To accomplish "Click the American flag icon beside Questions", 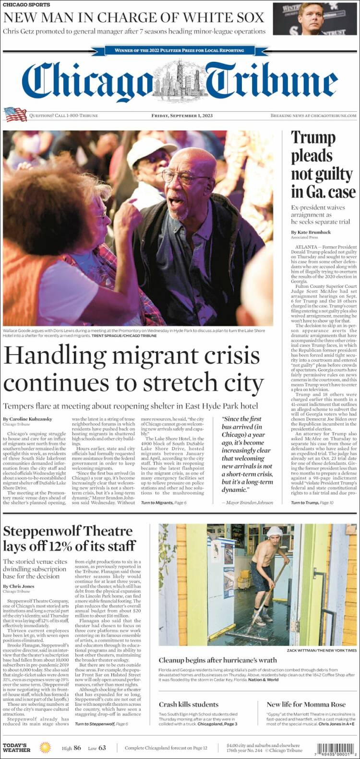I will (x=15, y=115).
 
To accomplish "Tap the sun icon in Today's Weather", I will (x=46, y=747).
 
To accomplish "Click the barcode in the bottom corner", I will (x=339, y=748).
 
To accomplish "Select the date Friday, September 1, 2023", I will (x=182, y=116).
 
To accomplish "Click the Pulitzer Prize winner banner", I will (x=180, y=50).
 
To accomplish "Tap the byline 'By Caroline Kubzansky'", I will (x=27, y=419).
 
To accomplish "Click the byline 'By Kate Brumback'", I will (x=311, y=232).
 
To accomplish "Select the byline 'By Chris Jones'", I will (x=19, y=586).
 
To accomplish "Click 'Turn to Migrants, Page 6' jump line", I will (x=163, y=502).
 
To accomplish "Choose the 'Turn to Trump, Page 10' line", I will (x=312, y=502).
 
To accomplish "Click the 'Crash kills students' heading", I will (x=189, y=704).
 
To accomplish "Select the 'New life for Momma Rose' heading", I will (x=306, y=704).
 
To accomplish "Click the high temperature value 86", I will (x=77, y=748).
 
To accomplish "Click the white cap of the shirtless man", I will (x=274, y=531).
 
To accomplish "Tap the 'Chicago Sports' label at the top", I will (x=26, y=5).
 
